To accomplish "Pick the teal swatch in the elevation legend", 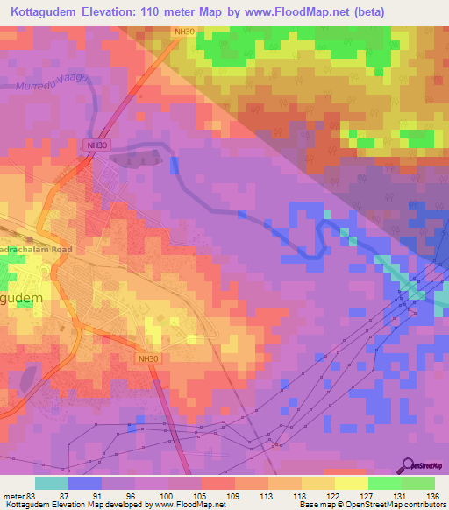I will click(x=51, y=483).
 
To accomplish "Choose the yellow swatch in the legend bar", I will click(x=352, y=483).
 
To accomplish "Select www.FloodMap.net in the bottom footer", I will click(x=183, y=506).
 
